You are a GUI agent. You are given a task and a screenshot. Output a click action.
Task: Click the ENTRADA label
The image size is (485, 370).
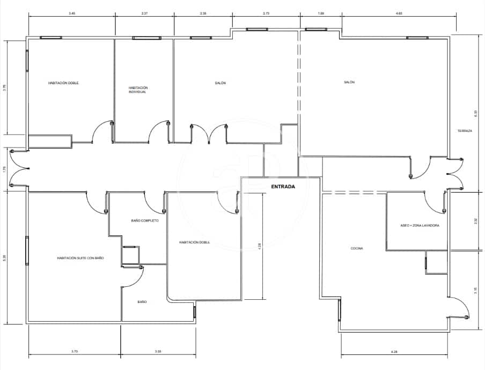[283, 187]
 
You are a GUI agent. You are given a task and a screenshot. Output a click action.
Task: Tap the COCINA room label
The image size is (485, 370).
[357, 248]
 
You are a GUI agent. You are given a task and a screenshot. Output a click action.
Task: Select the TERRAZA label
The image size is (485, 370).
[465, 131]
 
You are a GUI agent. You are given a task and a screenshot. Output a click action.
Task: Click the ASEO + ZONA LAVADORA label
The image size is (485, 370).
[420, 226]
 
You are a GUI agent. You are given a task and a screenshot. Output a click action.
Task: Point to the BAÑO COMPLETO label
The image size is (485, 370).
[145, 220]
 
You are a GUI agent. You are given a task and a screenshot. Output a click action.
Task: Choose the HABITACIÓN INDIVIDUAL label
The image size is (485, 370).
[138, 90]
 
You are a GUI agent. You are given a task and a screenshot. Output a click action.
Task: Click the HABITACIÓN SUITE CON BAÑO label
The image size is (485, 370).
[80, 258]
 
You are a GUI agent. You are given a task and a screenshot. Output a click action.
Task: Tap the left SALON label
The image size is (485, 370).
[220, 83]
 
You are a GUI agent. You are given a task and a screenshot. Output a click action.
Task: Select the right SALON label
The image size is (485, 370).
[349, 82]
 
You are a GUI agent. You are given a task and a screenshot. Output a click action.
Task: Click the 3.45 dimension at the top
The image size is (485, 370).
[72, 12]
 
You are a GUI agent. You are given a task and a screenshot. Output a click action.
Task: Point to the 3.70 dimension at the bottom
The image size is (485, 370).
[75, 351]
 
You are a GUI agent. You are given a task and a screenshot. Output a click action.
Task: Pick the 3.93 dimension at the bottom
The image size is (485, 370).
[158, 351]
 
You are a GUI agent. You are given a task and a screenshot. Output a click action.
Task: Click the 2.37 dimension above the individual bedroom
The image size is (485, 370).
[144, 12]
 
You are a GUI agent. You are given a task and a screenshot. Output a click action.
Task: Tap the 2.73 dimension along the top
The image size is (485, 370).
[266, 12]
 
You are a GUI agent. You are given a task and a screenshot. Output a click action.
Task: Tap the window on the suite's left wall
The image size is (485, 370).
[26, 250]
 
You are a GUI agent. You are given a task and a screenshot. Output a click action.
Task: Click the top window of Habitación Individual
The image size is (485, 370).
[146, 38]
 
